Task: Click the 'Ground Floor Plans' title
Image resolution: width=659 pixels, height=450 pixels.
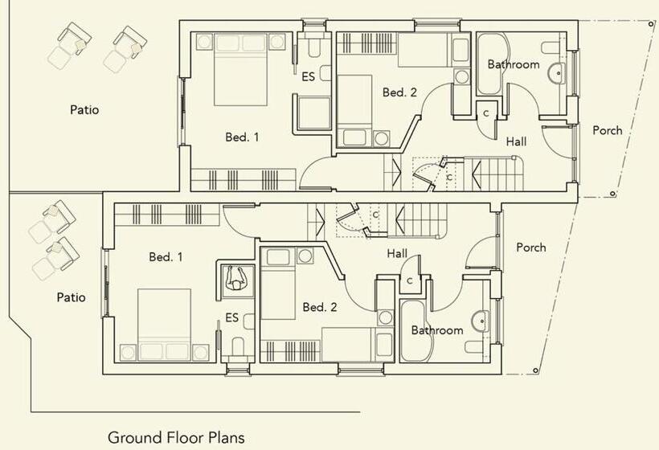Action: click(x=176, y=438)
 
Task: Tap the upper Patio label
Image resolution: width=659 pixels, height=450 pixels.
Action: click(x=84, y=110)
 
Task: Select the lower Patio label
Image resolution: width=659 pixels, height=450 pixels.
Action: click(x=71, y=297)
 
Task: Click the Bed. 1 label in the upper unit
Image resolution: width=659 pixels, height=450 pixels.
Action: click(x=242, y=137)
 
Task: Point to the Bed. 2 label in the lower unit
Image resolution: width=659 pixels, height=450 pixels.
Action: click(x=320, y=307)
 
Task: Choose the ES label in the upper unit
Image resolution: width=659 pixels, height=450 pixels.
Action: click(x=308, y=77)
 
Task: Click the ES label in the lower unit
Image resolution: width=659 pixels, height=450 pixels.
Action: click(x=232, y=317)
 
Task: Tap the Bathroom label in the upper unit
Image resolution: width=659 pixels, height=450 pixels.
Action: click(x=514, y=65)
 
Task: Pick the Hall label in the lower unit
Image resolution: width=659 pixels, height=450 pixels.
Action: click(x=397, y=253)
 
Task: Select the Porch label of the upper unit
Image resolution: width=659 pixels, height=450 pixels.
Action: click(x=608, y=131)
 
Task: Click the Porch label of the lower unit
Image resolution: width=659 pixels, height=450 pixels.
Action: click(x=531, y=247)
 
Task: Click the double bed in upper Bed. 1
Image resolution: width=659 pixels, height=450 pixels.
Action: click(x=241, y=69)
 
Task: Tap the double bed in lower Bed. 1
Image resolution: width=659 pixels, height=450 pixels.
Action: click(x=164, y=325)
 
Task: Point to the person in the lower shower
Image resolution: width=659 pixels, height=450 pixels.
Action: click(x=235, y=278)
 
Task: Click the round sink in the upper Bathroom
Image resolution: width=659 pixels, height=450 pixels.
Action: click(x=558, y=74)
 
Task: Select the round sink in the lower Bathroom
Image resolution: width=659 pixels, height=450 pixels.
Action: click(x=481, y=321)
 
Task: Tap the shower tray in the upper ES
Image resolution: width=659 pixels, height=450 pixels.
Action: click(x=313, y=113)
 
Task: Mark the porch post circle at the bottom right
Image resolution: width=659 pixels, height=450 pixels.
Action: click(x=535, y=370)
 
